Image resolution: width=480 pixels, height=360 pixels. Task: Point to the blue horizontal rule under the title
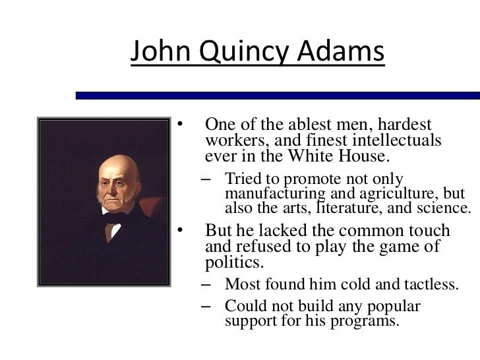[277, 96]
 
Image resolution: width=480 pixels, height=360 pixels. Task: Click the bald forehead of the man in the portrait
[119, 168]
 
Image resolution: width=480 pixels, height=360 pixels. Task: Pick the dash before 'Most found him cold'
[208, 285]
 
